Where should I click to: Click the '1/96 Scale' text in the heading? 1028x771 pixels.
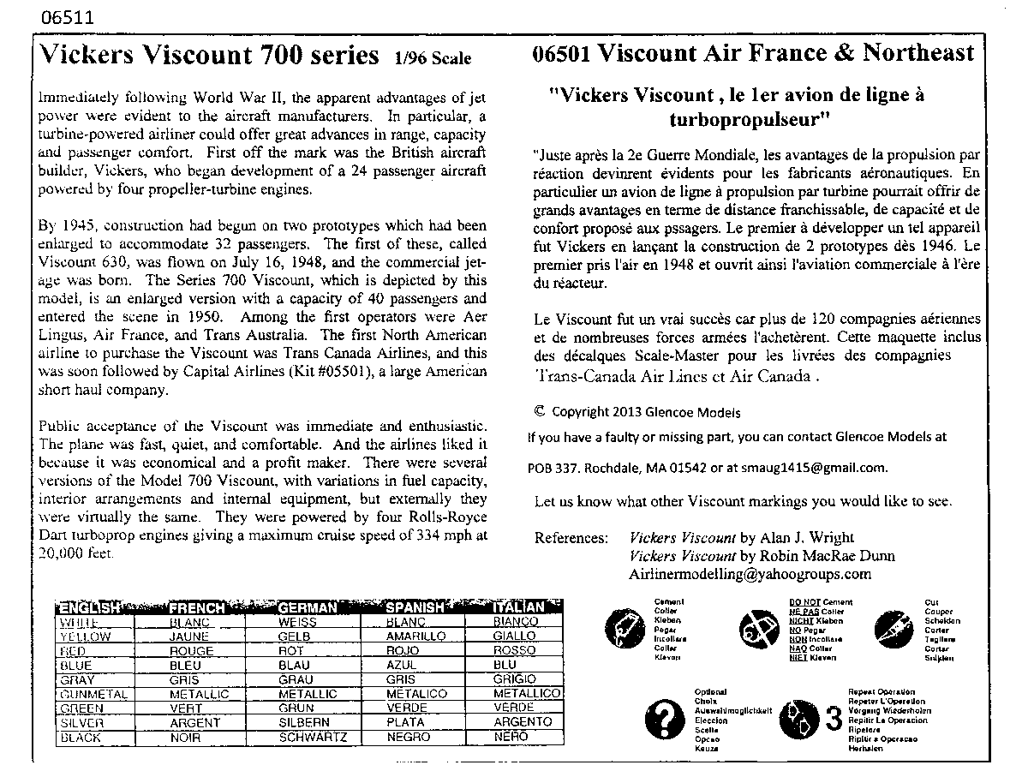coord(433,58)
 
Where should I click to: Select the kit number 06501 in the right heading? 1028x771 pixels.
coord(561,53)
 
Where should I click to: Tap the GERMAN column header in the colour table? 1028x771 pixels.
coord(308,607)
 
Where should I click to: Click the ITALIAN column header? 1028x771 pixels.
coord(519,607)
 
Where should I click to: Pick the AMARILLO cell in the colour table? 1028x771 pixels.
coord(415,637)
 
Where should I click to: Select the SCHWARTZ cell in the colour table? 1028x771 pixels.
coord(313,737)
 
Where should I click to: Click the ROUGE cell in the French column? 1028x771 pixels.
coord(192,651)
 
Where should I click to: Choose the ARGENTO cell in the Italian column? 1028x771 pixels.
coord(523,722)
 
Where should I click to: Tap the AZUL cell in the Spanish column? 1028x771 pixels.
coord(402,665)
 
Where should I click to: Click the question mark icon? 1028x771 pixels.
coord(664,720)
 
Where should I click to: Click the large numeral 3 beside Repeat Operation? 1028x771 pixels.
coord(833,720)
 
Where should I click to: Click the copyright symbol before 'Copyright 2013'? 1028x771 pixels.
coord(539,411)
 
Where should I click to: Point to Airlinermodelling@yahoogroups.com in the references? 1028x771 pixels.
coord(750,574)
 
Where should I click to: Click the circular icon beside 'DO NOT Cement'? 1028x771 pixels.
coord(751,630)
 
